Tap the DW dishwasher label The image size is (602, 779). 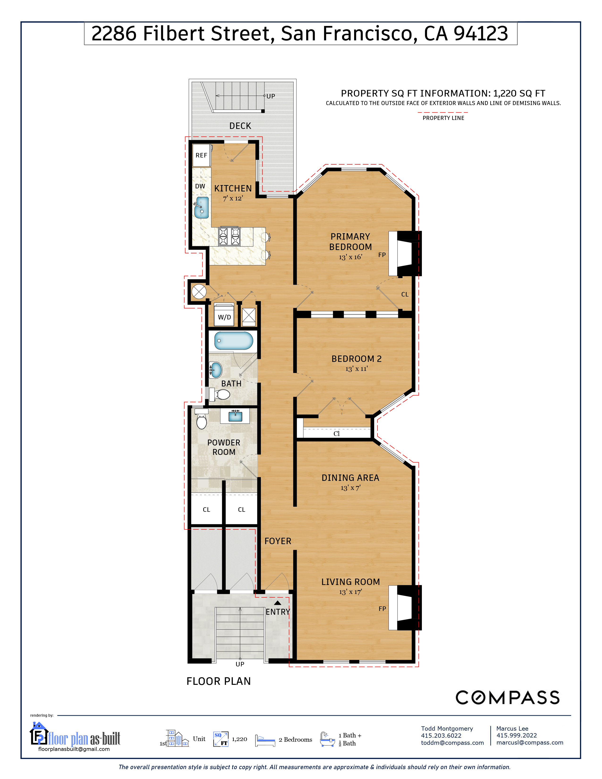coord(200,186)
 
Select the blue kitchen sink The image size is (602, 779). coord(202,207)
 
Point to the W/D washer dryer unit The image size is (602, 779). coord(224,315)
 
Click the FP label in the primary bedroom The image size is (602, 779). coord(382,255)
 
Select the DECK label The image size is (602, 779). coord(240,126)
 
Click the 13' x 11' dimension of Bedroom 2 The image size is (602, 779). coord(356,369)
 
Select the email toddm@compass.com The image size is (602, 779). coord(452,743)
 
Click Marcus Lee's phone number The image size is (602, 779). coord(516,736)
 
